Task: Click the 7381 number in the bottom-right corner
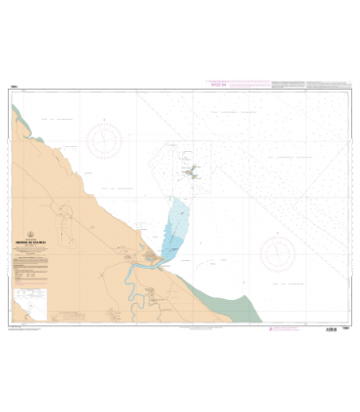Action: (x=346, y=328)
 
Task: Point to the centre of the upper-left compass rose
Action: (x=104, y=139)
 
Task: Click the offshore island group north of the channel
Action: (x=193, y=173)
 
